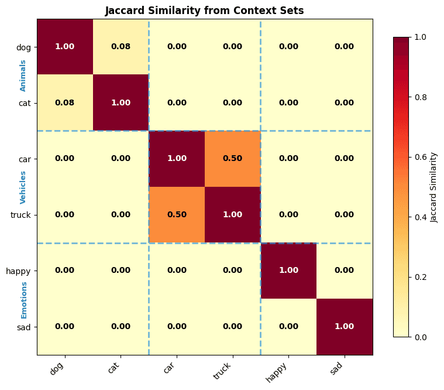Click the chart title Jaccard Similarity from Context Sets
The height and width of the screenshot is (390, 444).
(x=204, y=11)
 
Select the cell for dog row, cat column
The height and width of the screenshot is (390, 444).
(x=121, y=47)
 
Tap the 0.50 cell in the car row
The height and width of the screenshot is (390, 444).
(x=233, y=159)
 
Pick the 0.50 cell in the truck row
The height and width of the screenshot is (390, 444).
(x=177, y=215)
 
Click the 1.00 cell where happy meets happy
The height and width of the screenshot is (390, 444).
(x=288, y=271)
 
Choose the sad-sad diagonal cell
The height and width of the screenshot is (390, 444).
(x=345, y=327)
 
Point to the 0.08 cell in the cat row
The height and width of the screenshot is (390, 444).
(x=65, y=102)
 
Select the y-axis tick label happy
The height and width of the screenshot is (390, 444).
(x=18, y=271)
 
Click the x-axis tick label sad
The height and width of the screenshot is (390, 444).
(x=338, y=368)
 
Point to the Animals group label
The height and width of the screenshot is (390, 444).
(x=23, y=75)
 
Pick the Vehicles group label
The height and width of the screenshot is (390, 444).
(x=23, y=187)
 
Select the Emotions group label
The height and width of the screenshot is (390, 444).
(x=23, y=299)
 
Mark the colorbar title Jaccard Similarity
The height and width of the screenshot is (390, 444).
(x=433, y=187)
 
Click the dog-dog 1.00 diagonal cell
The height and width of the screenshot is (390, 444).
(x=65, y=47)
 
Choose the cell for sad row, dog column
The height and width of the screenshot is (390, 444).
(x=65, y=327)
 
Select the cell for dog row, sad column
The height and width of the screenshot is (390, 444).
(x=345, y=47)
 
